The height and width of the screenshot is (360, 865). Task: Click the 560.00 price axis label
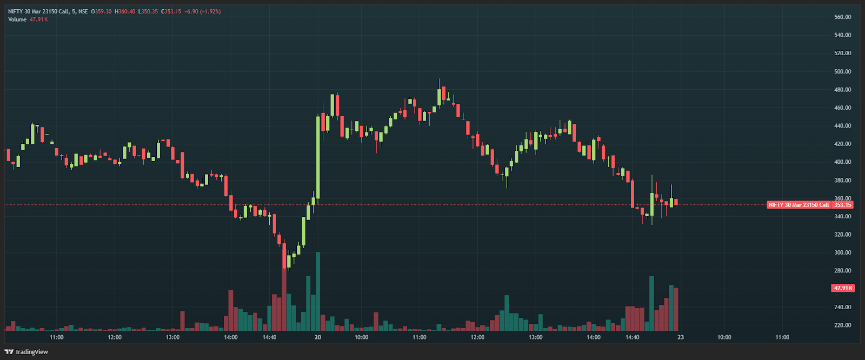point(842,17)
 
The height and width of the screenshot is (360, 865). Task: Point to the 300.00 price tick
point(842,252)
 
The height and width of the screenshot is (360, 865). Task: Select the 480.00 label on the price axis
point(842,90)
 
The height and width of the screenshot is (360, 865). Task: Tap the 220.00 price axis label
point(842,325)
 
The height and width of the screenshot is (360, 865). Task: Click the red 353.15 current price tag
point(842,205)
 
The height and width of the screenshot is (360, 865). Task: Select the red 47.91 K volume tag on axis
point(842,288)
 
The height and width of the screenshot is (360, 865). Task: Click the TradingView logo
point(26,352)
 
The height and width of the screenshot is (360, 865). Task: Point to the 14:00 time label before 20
point(231,337)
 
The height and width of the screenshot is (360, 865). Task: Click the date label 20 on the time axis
point(318,337)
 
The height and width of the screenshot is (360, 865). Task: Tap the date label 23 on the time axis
point(681,337)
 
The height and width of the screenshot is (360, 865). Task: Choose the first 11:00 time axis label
point(57,337)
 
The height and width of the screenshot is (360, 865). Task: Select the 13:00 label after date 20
point(536,337)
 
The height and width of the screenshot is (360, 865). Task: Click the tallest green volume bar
point(318,292)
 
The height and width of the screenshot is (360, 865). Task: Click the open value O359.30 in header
point(101,11)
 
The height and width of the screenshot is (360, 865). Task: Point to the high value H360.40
point(125,11)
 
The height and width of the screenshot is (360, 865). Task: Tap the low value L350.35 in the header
point(148,11)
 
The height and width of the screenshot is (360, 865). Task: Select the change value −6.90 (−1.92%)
point(203,11)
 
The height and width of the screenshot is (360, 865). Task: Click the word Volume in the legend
point(17,19)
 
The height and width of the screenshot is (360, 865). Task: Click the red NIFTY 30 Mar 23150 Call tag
point(799,205)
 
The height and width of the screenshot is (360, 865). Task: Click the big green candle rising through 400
point(318,157)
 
